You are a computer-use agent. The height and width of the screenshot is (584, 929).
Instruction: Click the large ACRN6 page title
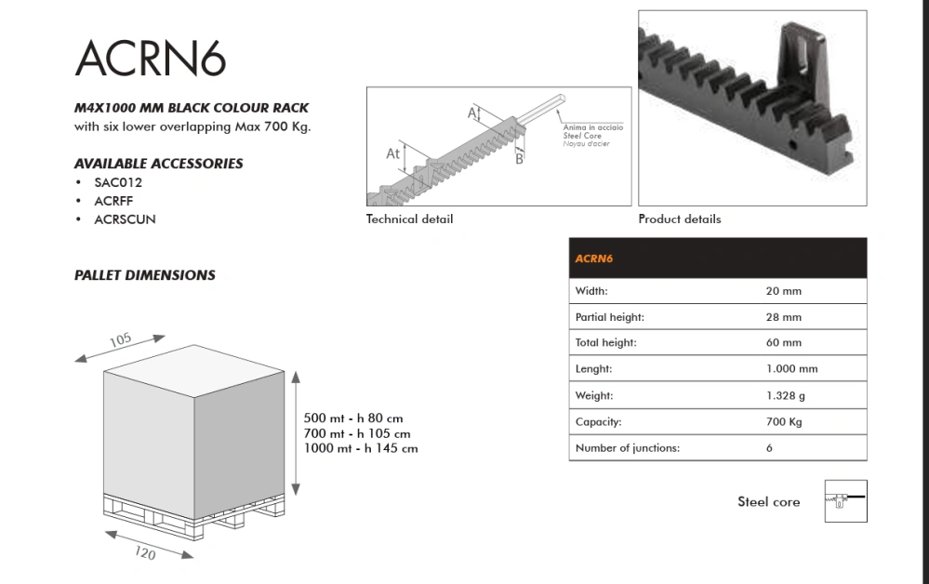tap(151, 58)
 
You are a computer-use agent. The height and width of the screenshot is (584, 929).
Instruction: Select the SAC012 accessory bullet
tap(118, 182)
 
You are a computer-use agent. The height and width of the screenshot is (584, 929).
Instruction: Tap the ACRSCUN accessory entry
tap(125, 219)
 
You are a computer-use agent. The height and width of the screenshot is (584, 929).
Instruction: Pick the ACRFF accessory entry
tap(113, 201)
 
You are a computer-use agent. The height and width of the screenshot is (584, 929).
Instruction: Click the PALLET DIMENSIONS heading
tap(144, 275)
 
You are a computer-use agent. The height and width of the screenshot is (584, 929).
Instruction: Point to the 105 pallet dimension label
tap(120, 340)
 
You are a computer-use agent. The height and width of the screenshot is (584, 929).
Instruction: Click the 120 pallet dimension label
tap(145, 553)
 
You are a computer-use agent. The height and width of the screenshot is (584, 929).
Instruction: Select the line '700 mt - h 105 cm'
tap(357, 433)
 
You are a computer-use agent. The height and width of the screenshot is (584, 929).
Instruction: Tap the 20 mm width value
tap(783, 291)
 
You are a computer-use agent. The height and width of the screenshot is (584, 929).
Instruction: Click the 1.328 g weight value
tap(786, 395)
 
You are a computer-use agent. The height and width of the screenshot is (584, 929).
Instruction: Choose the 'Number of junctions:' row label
tap(628, 448)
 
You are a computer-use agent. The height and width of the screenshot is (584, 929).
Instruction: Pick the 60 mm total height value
tap(783, 342)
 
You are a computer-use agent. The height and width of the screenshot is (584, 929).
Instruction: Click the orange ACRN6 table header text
tap(593, 259)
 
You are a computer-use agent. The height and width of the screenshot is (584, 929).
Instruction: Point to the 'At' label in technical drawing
tap(392, 153)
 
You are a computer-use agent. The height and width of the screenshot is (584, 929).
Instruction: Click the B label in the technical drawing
tap(519, 159)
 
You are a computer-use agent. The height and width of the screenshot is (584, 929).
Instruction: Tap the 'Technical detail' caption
tap(409, 219)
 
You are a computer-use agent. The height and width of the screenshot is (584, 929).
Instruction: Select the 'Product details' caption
tap(680, 219)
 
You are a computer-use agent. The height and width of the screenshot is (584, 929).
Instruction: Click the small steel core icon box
tap(845, 501)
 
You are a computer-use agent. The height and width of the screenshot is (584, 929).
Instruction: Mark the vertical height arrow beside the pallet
tap(296, 433)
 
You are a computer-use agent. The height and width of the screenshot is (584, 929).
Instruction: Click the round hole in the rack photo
tap(791, 144)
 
